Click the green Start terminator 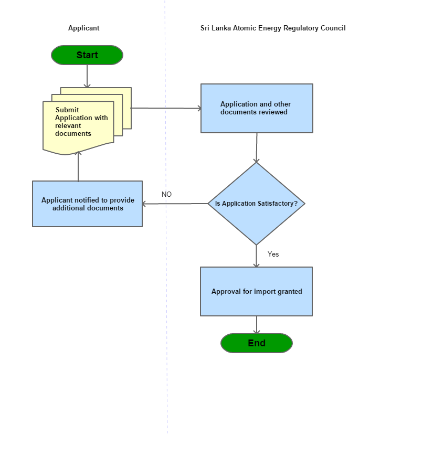tap(87, 55)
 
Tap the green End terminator tap(256, 343)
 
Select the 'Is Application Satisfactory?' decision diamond tap(256, 204)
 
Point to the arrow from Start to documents tap(87, 76)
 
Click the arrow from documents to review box tap(166, 109)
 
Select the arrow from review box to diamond tap(257, 147)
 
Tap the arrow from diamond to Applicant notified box tap(175, 204)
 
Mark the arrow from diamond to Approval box tap(256, 256)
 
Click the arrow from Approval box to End tap(257, 324)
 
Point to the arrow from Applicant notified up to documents tap(78, 167)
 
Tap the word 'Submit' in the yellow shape tap(67, 110)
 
